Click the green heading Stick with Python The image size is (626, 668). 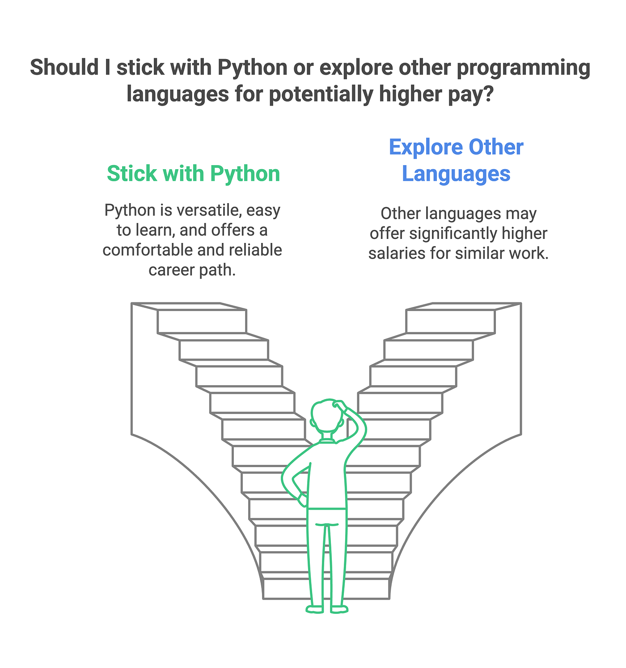pos(193,174)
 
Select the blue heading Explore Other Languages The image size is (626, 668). pos(456,160)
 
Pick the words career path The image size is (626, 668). pos(192,270)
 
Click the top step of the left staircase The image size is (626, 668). pos(201,321)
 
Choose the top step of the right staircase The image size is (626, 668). pos(451,321)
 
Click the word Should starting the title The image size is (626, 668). pos(64,68)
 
